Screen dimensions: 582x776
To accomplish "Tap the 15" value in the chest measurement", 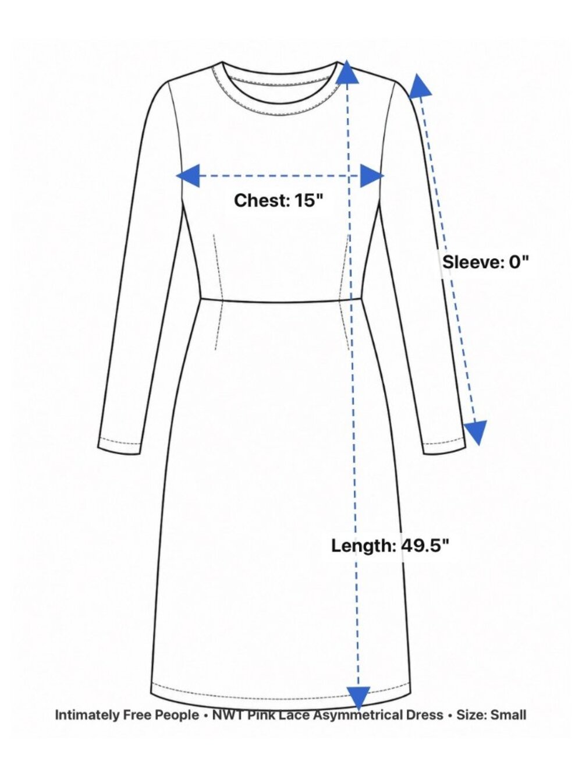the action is pyautogui.click(x=309, y=200).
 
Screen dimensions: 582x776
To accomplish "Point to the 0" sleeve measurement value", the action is pyautogui.click(x=519, y=263).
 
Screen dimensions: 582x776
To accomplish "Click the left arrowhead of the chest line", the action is pyautogui.click(x=188, y=176).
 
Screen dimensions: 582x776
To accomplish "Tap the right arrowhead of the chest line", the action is pyautogui.click(x=372, y=176).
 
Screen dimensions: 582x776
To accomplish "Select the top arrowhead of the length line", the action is pyautogui.click(x=347, y=72).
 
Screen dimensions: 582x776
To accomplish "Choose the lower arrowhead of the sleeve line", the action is pyautogui.click(x=476, y=433).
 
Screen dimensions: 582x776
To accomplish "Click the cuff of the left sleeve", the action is pyautogui.click(x=119, y=445).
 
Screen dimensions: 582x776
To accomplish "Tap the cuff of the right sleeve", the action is pyautogui.click(x=445, y=445).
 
